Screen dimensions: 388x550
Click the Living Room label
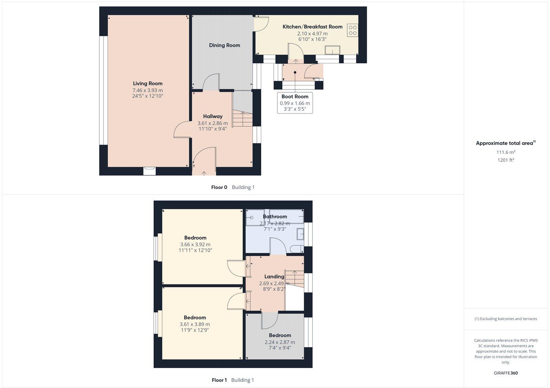click(x=147, y=83)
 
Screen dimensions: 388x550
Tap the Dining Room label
click(x=224, y=45)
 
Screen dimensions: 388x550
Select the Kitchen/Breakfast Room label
click(x=312, y=26)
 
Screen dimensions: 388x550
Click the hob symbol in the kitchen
click(x=352, y=30)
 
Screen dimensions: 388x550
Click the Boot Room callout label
click(x=295, y=97)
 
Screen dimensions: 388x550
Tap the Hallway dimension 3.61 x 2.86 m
click(x=212, y=123)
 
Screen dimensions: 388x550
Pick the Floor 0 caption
click(x=219, y=187)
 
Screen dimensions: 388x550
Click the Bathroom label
click(x=275, y=216)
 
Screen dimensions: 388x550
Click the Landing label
click(x=274, y=277)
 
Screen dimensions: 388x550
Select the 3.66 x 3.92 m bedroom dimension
click(x=195, y=245)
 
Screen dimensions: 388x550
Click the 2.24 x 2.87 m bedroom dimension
click(x=280, y=342)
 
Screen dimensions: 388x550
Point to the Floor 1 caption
click(x=219, y=380)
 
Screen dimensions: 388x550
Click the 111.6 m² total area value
click(x=506, y=152)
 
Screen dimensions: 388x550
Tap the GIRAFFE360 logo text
click(x=506, y=373)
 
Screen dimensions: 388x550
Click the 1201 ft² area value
click(x=506, y=160)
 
